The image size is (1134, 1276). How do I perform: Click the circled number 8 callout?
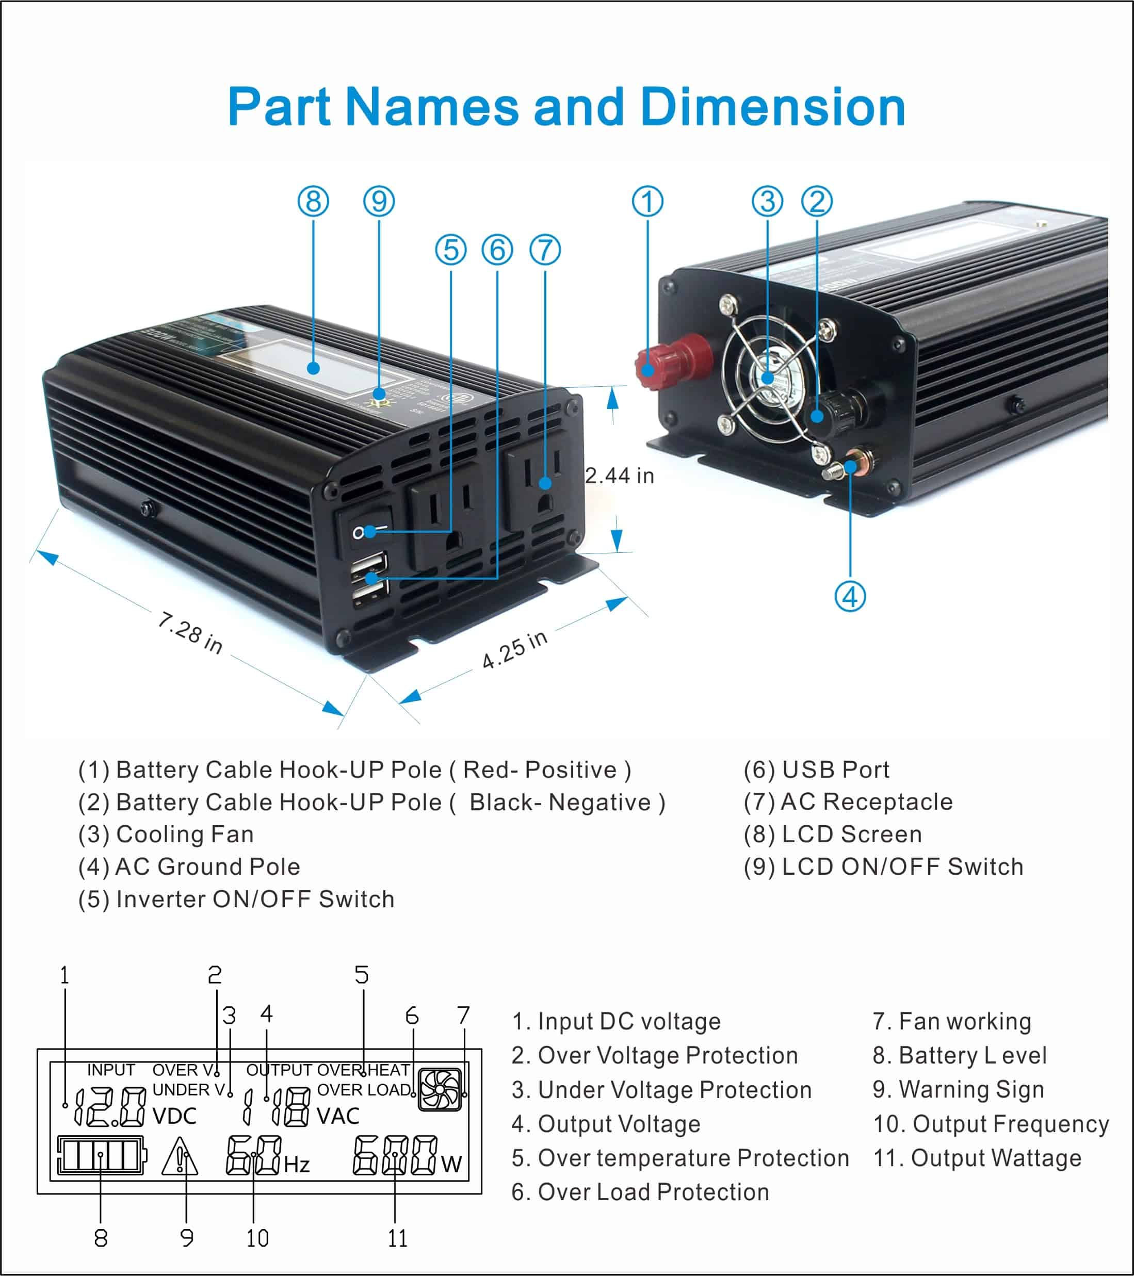tap(313, 202)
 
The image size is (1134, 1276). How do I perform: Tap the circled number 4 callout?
tap(850, 597)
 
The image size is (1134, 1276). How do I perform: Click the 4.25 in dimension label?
tap(514, 650)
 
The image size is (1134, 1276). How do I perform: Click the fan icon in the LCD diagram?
tap(440, 1089)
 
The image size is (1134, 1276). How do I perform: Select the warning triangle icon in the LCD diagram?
tap(180, 1156)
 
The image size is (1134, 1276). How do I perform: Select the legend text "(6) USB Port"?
tap(816, 770)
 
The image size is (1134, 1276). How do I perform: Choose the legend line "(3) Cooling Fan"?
tap(166, 834)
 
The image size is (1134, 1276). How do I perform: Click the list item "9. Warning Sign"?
tap(958, 1089)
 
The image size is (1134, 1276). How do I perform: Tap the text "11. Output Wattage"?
tap(977, 1158)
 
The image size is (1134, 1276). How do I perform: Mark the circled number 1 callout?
tap(647, 202)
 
